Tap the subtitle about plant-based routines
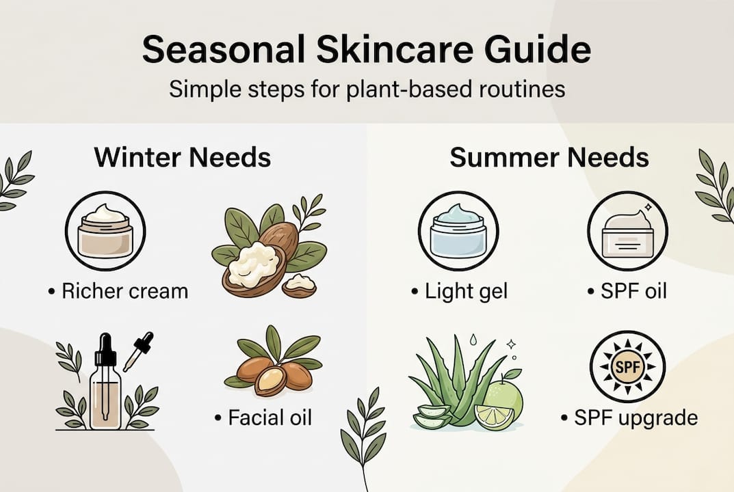click(x=367, y=89)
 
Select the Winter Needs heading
click(x=183, y=158)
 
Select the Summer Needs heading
click(x=549, y=158)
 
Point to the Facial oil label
click(x=263, y=417)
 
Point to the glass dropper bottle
click(x=105, y=386)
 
